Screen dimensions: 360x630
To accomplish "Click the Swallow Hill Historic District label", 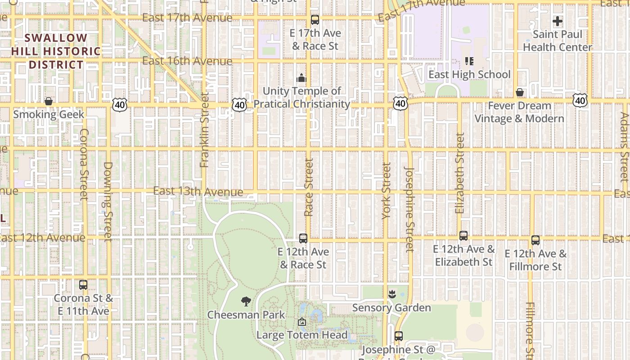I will (56, 51).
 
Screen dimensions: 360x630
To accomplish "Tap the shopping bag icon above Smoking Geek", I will (49, 101).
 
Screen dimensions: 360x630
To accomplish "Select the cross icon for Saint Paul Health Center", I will (558, 21).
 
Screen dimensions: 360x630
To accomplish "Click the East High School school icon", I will (469, 61).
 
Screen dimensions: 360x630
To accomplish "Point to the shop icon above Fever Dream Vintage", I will (520, 92).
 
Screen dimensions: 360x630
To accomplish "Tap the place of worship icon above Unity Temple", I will (301, 78).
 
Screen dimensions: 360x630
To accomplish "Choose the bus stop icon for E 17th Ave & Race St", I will (315, 20).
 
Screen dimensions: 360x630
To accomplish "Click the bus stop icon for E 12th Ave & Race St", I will (303, 238).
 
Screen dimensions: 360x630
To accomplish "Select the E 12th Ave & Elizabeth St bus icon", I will (463, 236).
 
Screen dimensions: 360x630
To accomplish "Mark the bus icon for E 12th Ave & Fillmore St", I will (535, 240).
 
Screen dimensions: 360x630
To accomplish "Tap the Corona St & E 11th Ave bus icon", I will (83, 285).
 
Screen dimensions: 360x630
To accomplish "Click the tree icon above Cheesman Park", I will (246, 301).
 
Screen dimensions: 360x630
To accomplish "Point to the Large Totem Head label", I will (302, 335).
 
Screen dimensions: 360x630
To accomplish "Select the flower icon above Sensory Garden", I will (391, 295).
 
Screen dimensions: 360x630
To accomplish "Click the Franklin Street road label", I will (205, 130).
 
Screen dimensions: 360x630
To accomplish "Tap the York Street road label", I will (387, 191).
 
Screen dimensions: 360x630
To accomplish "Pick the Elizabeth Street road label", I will (459, 173).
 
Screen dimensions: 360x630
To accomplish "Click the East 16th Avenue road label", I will (187, 61).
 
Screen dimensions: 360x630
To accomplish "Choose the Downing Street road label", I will (108, 201).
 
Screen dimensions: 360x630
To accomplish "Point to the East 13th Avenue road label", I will (198, 192).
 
